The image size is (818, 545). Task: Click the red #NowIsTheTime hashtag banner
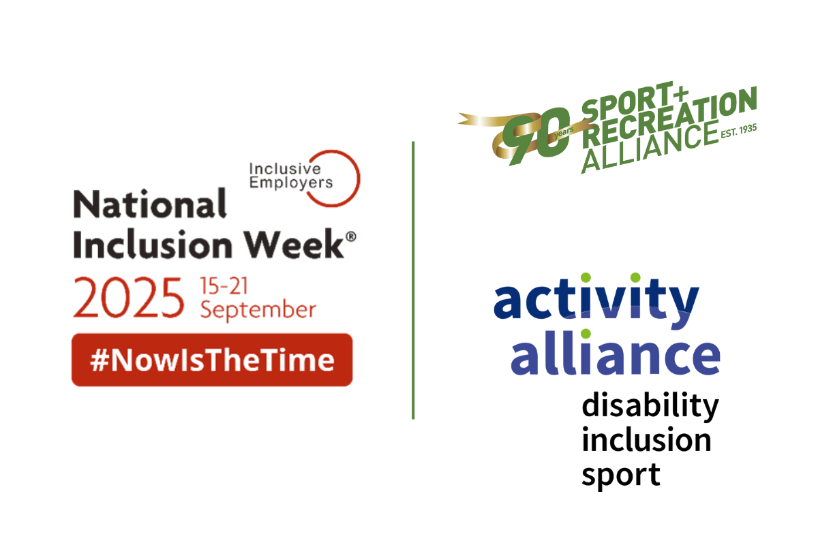pos(212,360)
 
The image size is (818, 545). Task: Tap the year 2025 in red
pos(129,298)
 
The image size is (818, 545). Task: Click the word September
pos(258,310)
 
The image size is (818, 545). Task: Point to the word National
pos(149,204)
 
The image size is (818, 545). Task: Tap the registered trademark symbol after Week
pos(351,234)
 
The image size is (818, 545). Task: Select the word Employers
pos(292,182)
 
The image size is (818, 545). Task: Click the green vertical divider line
pos(413,279)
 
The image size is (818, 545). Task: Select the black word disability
pos(650,407)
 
